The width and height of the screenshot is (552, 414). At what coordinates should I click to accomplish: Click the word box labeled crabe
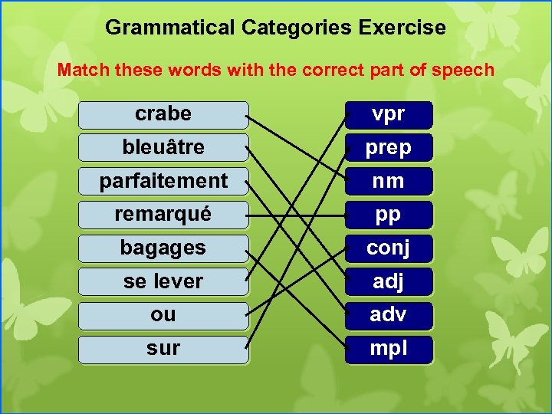(x=163, y=114)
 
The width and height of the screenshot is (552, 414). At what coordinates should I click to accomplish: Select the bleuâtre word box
(x=163, y=147)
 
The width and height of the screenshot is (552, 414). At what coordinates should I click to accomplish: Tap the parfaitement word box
(x=163, y=181)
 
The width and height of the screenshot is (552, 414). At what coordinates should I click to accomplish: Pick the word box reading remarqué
(x=163, y=215)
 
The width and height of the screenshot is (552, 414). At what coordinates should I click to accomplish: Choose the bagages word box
(x=163, y=248)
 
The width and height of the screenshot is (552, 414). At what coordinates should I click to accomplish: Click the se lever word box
(x=163, y=281)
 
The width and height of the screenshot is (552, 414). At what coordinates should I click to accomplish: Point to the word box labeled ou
(x=163, y=314)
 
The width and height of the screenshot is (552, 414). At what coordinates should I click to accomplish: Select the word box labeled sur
(x=163, y=349)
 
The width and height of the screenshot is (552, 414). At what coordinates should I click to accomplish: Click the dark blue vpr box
(x=389, y=114)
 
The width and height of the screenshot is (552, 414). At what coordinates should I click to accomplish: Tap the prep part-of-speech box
(x=389, y=147)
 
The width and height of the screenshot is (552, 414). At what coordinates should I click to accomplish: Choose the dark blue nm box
(x=389, y=181)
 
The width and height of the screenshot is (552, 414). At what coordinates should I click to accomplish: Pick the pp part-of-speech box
(x=389, y=215)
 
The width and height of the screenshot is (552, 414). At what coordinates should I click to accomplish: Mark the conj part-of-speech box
(x=389, y=248)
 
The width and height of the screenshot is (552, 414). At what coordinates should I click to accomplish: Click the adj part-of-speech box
(x=389, y=281)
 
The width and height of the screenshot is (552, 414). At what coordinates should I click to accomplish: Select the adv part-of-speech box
(x=389, y=314)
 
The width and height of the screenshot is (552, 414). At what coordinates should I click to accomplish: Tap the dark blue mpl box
(x=389, y=349)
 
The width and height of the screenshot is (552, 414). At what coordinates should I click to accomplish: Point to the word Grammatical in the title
(x=170, y=28)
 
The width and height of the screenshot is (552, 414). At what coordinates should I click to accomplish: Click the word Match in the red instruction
(x=84, y=71)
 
